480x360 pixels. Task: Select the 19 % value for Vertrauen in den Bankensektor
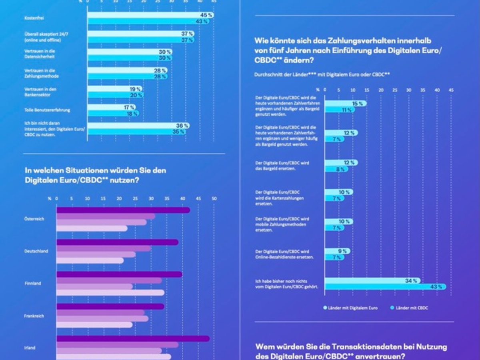coord(135,89)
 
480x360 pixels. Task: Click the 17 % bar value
coord(129,107)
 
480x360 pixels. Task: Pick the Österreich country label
coord(34,219)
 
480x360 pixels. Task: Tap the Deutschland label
coord(36,251)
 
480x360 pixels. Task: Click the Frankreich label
coord(34,316)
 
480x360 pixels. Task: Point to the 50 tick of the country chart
coord(214,198)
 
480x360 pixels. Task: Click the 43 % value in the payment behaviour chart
coord(436,286)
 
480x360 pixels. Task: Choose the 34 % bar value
coord(411,281)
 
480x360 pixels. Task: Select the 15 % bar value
coord(360,104)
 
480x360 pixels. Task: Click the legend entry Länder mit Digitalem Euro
coord(351,308)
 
